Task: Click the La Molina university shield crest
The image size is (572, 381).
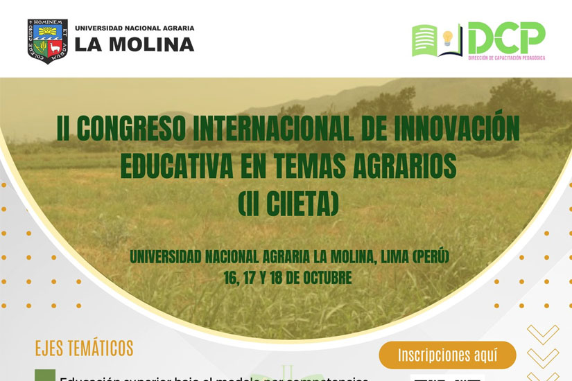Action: [48, 40]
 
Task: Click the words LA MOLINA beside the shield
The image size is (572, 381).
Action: [135, 45]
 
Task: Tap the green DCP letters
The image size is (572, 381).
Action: [506, 37]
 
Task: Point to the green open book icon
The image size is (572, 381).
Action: [427, 39]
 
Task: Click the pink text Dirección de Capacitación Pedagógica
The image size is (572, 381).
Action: [506, 57]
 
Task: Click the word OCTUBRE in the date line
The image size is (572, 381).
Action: [324, 278]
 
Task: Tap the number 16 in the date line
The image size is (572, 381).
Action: [229, 278]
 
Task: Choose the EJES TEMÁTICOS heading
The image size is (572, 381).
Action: [84, 347]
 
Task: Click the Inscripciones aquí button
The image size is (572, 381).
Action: [447, 355]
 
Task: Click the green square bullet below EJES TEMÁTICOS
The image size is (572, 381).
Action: [44, 376]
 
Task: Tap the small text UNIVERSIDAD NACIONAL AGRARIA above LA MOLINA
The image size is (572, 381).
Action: [135, 28]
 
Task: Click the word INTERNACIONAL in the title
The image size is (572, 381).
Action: [285, 130]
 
